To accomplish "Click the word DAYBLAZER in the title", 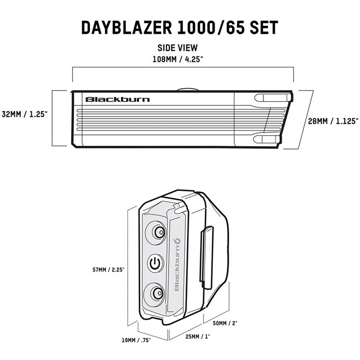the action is tap(127, 28).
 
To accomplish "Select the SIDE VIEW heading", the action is tap(178, 48).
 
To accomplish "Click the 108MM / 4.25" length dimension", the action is tap(178, 59).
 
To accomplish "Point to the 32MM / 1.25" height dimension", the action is tap(23, 114).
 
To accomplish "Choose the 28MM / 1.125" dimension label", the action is tap(333, 121).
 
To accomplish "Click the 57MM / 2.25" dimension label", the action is tap(108, 270).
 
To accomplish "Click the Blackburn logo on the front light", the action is tap(118, 99).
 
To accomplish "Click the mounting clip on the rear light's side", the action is tap(206, 258).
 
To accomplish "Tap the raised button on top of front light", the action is tap(187, 89).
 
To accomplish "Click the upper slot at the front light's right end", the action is tap(273, 98).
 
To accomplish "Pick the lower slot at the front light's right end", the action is tap(267, 139).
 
